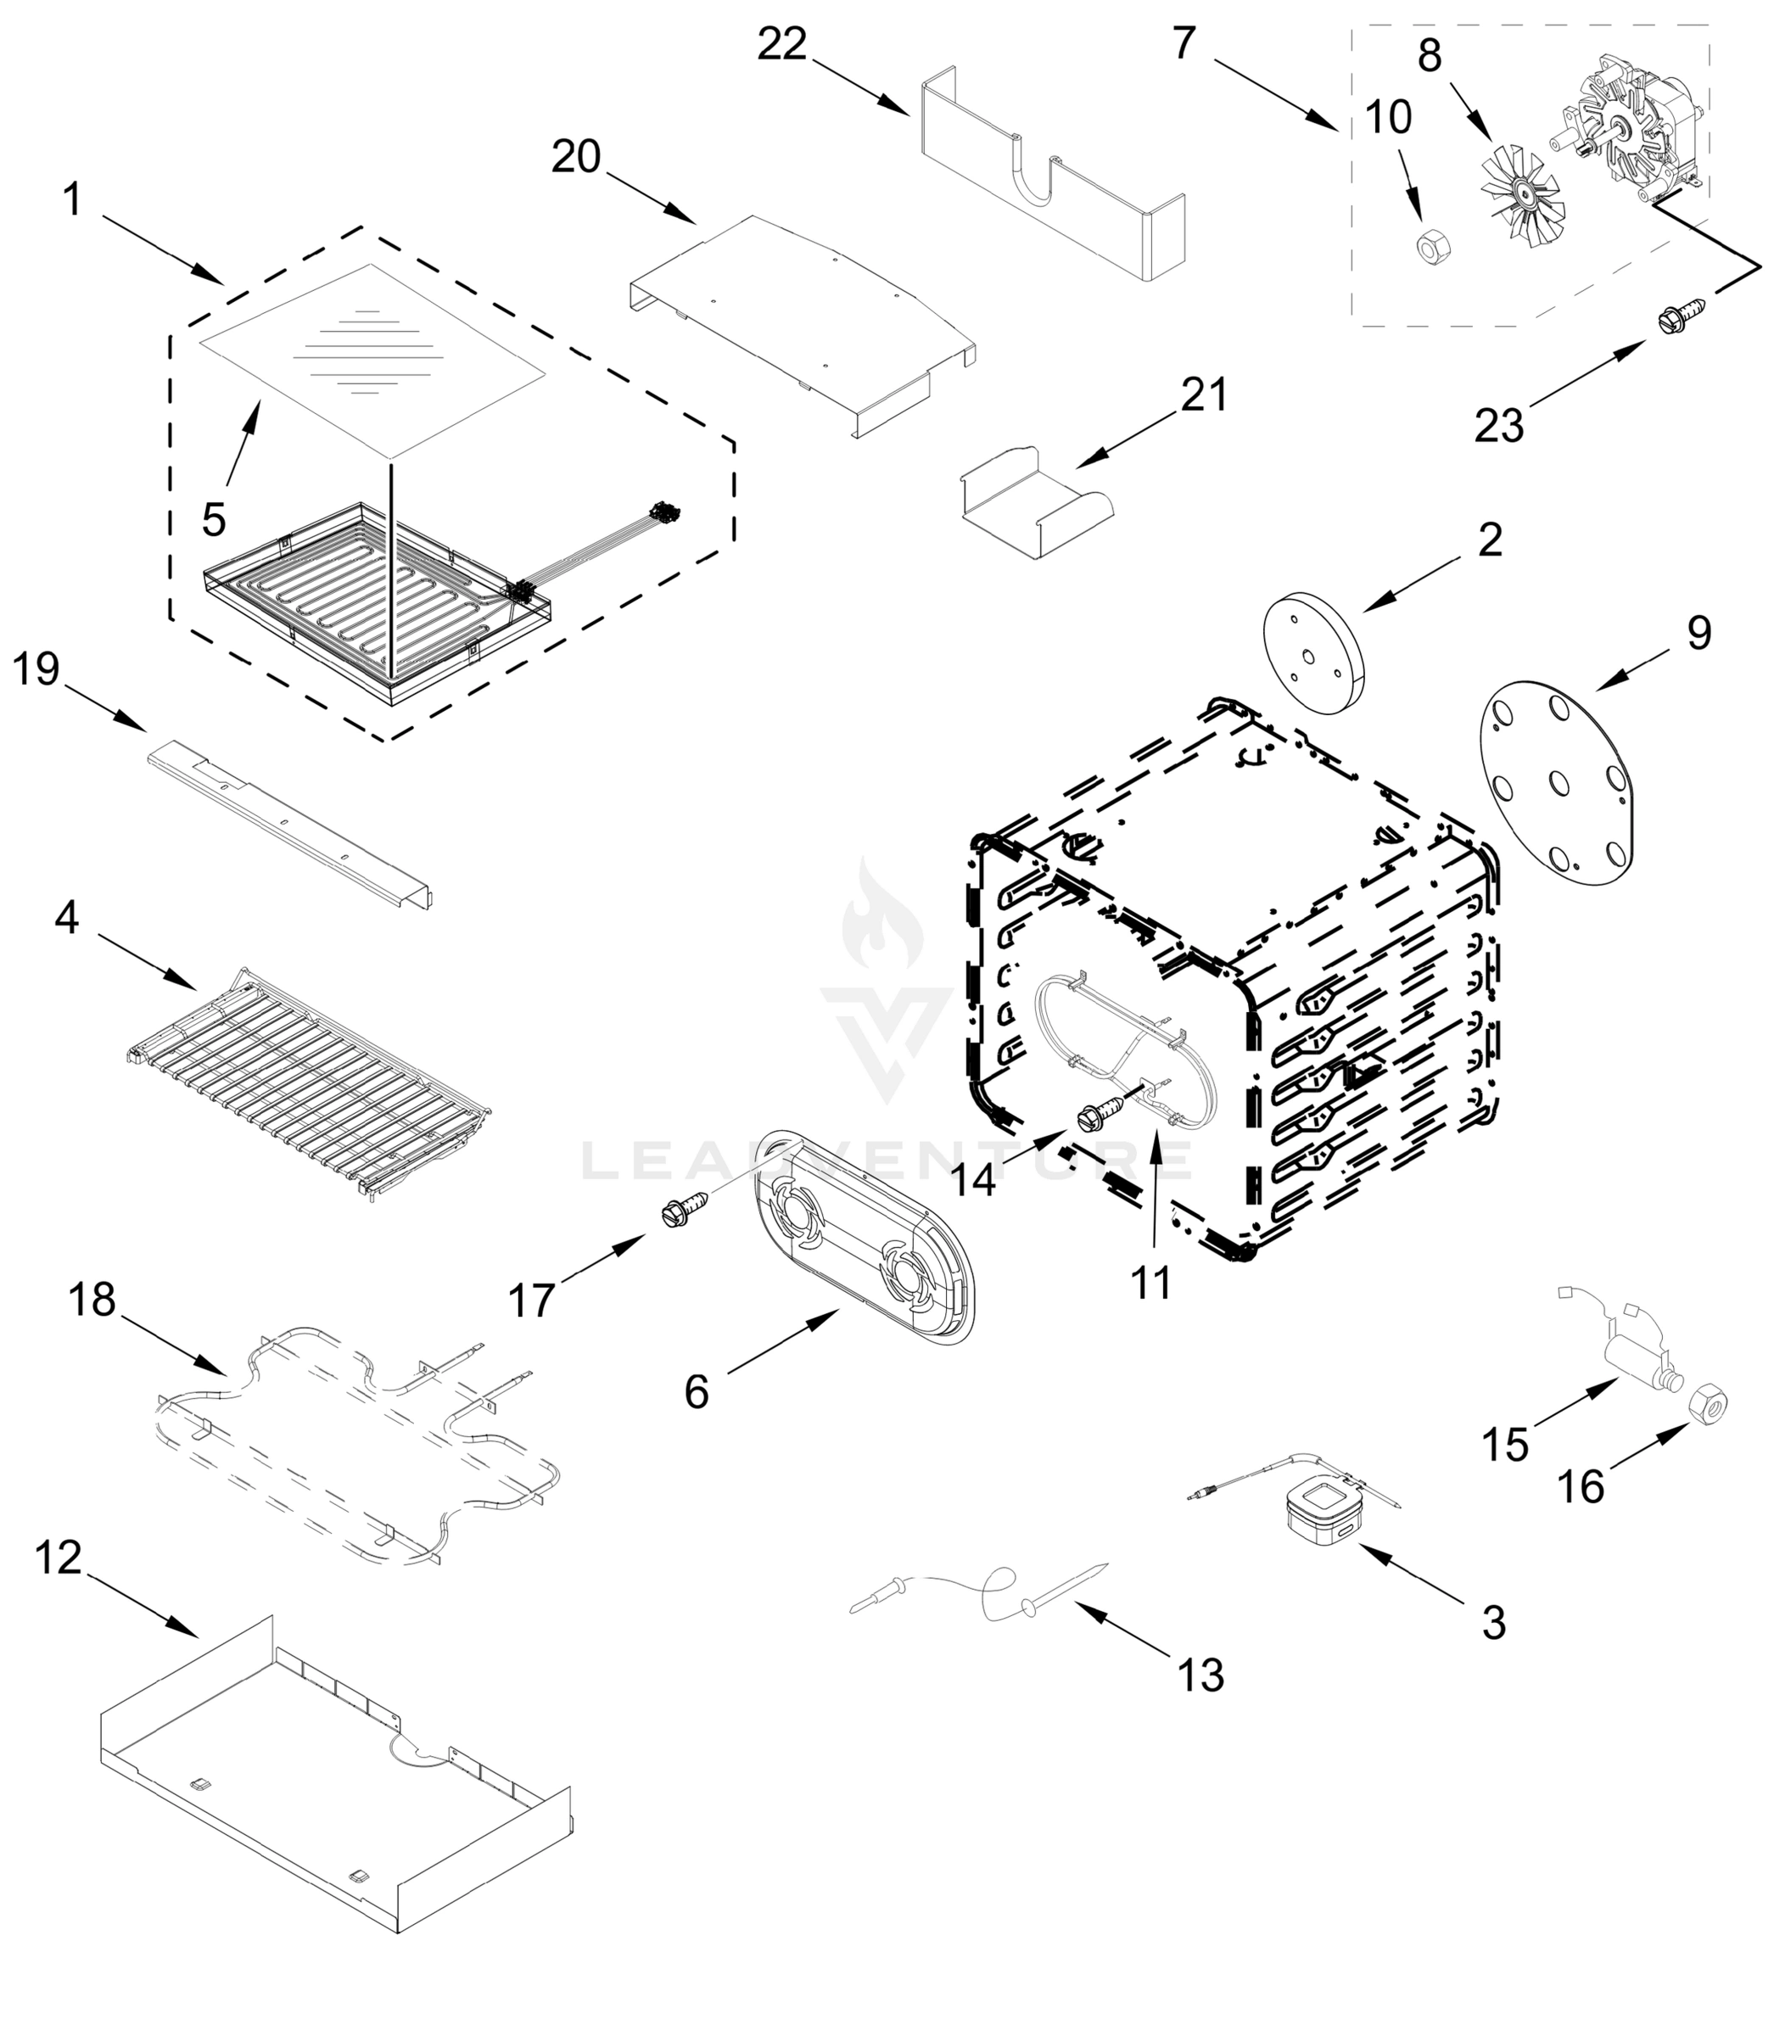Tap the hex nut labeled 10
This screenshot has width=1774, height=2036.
click(1428, 244)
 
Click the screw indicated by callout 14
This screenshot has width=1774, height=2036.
click(1102, 1116)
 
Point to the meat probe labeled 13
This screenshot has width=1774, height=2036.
click(990, 1592)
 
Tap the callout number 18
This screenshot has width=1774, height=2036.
click(92, 1300)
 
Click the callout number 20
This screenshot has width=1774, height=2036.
click(576, 156)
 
